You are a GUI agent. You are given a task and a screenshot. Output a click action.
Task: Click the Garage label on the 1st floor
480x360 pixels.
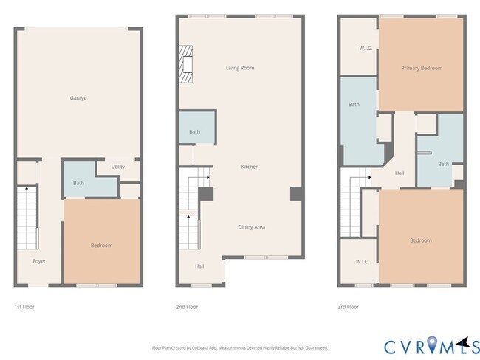(x=78, y=98)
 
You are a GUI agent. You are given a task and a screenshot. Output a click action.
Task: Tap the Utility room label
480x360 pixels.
(x=118, y=167)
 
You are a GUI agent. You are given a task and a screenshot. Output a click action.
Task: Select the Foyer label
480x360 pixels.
(x=39, y=261)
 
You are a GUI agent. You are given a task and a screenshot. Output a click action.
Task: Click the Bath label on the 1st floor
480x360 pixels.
(x=78, y=183)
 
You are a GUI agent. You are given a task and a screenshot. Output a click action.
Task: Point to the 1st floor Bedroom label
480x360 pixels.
(x=101, y=245)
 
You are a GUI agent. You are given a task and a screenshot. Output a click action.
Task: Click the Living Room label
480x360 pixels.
(x=240, y=68)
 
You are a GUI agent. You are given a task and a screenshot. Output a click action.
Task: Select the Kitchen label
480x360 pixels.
(x=250, y=167)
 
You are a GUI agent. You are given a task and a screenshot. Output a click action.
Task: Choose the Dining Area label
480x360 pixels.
(x=251, y=227)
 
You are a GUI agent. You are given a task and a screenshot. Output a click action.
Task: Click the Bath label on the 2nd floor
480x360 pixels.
(x=194, y=132)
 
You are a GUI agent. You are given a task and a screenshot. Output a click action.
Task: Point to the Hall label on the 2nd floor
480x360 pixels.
(x=199, y=266)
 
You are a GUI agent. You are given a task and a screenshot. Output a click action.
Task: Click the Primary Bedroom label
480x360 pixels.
(x=422, y=68)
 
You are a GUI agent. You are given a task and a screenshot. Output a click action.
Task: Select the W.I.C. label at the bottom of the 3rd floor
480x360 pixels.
(x=362, y=261)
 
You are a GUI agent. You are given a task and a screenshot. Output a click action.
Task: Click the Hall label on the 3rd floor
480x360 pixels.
(x=400, y=173)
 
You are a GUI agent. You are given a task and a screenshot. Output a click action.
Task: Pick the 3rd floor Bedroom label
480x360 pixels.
(x=421, y=240)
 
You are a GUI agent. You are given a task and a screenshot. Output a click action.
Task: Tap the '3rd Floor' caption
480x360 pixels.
(x=348, y=305)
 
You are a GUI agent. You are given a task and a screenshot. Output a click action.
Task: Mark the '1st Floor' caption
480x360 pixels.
(x=24, y=305)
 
